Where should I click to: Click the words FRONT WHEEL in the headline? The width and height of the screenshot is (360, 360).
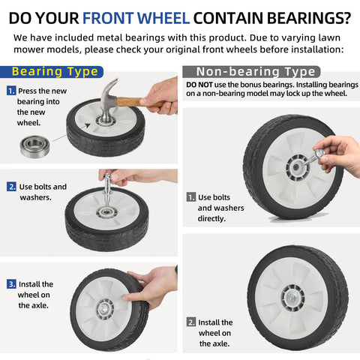(136, 18)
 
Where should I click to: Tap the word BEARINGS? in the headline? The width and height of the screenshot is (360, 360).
(309, 18)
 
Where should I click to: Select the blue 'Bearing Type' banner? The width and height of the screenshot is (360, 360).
(52, 72)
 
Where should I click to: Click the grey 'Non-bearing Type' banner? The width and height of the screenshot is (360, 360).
(251, 72)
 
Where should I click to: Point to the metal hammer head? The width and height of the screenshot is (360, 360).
(108, 100)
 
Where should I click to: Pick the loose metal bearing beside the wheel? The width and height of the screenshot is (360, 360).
(34, 147)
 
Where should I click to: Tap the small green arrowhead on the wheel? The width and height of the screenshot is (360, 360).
(87, 125)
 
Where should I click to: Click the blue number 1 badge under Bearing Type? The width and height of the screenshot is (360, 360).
(11, 91)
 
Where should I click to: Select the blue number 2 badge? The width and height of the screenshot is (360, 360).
(11, 187)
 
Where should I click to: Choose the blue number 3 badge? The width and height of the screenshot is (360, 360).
(11, 284)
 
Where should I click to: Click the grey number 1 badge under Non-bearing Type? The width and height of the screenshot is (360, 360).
(191, 197)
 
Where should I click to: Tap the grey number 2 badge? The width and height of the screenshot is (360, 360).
(191, 322)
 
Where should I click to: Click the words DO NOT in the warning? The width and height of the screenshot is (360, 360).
(199, 85)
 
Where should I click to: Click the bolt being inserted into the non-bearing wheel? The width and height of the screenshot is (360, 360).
(313, 157)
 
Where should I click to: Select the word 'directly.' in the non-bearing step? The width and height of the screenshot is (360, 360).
(211, 219)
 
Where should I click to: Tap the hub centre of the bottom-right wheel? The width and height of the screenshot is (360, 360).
(292, 298)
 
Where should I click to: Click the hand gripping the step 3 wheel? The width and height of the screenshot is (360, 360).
(150, 286)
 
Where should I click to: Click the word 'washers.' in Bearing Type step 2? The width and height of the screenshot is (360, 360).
(35, 197)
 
